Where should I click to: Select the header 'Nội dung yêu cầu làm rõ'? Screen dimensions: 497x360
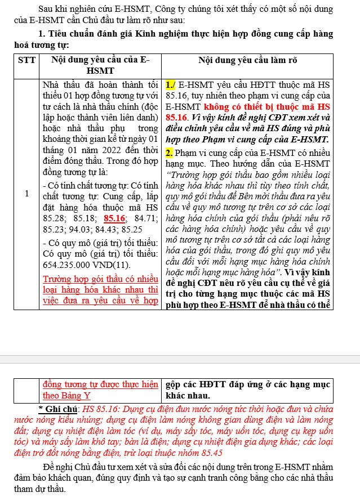(x=247, y=60)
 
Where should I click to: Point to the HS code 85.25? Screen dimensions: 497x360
(x=142, y=230)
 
